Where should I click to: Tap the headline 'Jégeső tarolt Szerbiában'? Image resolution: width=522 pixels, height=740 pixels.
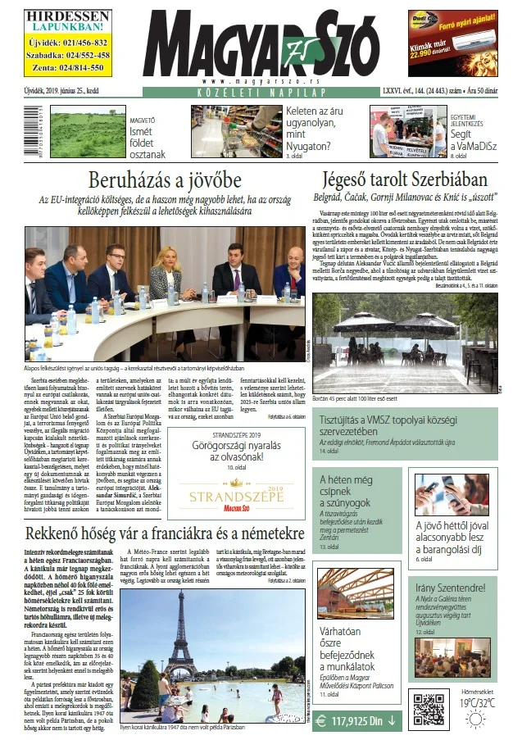pos(406,180)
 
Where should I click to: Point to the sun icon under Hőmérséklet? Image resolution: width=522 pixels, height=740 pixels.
pos(475,720)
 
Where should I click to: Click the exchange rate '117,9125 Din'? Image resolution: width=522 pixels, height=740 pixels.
pos(357,721)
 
